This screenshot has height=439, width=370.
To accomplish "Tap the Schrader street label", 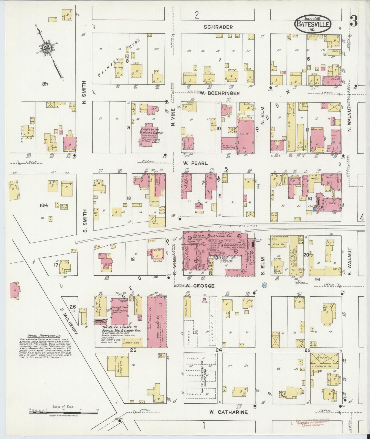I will click(218, 27).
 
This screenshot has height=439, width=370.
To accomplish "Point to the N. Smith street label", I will click(84, 92).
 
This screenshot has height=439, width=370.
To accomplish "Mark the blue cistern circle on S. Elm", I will click(265, 285).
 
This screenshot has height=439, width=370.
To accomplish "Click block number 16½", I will click(44, 205).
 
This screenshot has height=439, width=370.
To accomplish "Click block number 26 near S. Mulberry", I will click(73, 307).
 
